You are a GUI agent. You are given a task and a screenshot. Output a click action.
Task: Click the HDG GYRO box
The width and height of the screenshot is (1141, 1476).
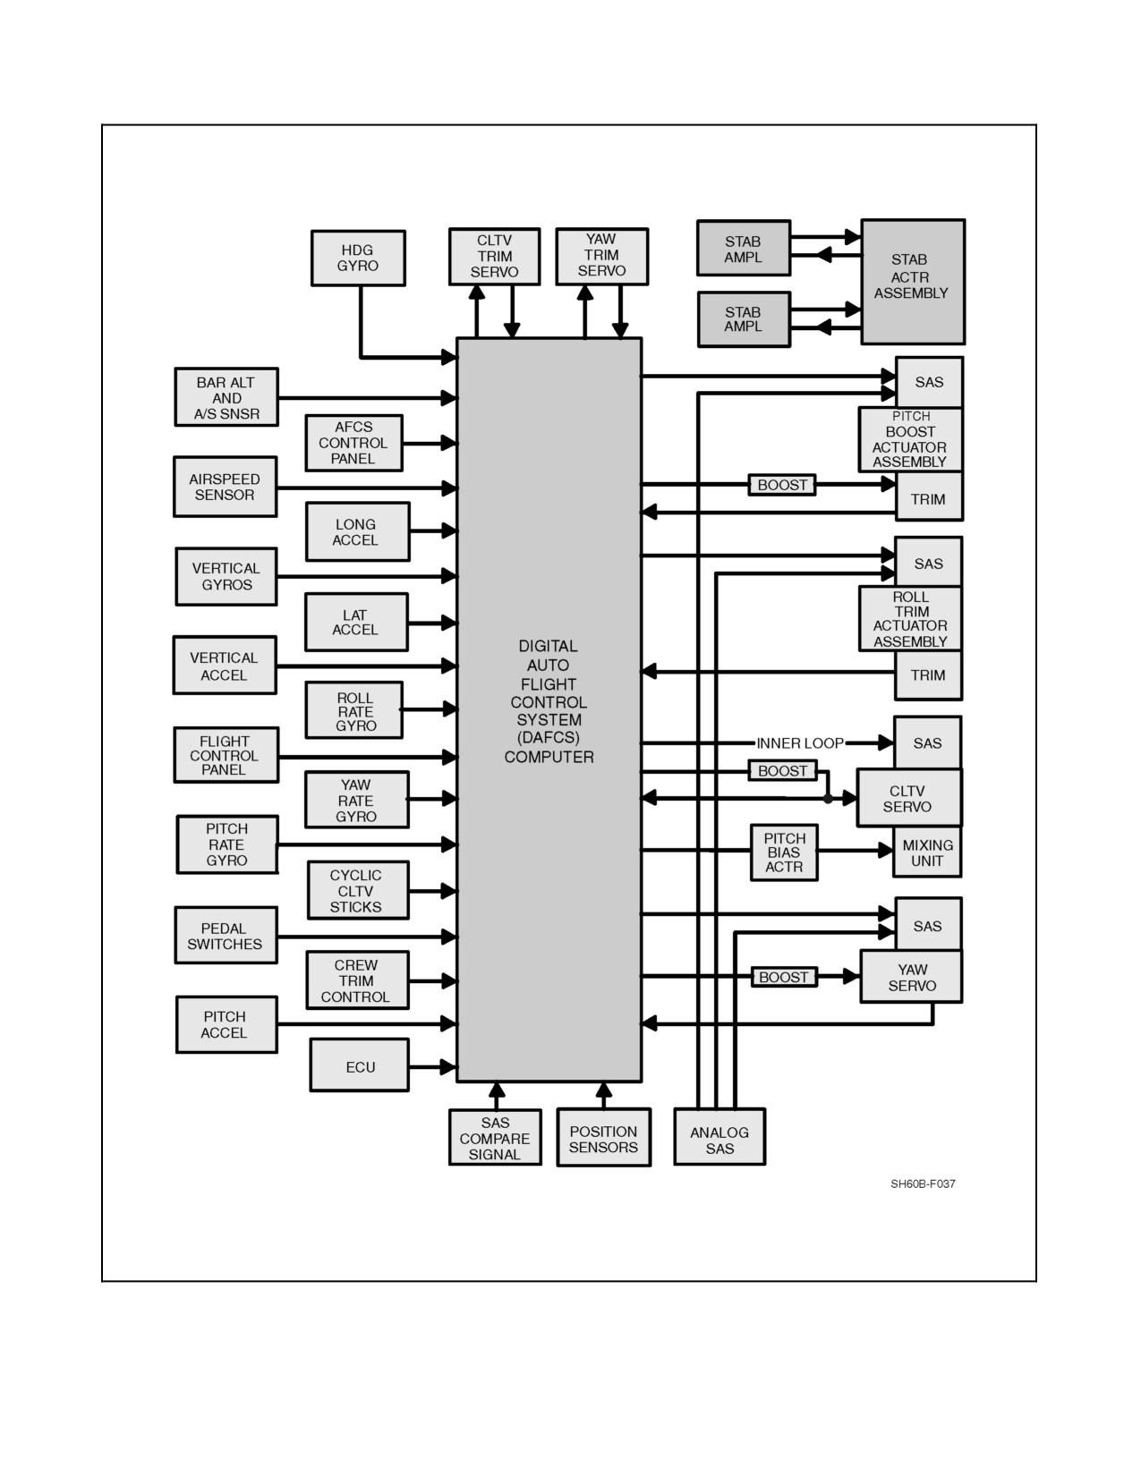(x=358, y=259)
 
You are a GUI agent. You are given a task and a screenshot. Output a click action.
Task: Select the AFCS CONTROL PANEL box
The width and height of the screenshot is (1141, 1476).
(x=354, y=443)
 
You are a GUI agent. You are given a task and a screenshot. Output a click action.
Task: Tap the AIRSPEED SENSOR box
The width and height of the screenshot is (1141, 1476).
(x=225, y=487)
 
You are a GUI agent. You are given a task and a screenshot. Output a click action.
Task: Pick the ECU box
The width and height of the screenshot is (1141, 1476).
(x=360, y=1065)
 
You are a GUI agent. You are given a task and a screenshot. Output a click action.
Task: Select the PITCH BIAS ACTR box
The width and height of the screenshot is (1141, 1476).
(x=784, y=853)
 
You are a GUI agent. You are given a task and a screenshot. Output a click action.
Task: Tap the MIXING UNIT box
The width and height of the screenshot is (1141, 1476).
(x=927, y=853)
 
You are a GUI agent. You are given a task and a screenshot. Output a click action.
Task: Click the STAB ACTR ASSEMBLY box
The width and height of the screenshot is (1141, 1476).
(x=913, y=281)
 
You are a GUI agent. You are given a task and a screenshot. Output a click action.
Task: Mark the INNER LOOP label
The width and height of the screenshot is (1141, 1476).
(x=800, y=743)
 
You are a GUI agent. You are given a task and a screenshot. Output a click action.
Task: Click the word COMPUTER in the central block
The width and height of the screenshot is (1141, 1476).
(x=549, y=757)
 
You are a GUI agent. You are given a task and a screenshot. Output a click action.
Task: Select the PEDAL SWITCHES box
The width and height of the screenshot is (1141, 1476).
(x=226, y=936)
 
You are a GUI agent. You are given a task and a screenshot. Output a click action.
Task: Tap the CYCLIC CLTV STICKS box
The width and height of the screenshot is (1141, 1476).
(x=358, y=890)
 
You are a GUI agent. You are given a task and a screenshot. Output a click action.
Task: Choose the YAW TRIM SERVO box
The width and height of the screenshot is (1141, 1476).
(x=602, y=256)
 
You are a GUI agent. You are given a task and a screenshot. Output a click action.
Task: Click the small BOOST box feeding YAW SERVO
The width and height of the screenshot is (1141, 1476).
(x=784, y=977)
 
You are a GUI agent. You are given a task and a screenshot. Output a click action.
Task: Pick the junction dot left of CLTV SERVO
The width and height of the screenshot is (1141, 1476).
(x=828, y=799)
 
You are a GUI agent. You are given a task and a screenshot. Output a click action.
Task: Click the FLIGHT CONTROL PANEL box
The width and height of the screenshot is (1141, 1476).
(x=226, y=755)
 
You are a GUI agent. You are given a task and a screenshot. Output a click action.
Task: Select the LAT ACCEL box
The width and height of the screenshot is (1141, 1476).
(x=356, y=623)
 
